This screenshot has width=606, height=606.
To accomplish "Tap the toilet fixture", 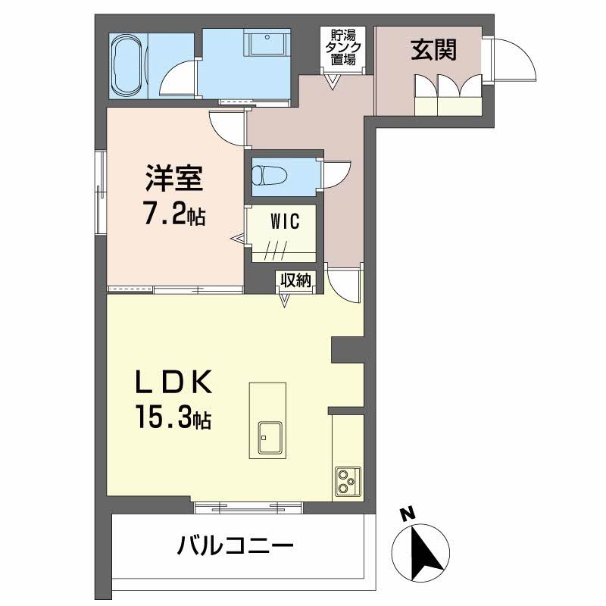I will [270, 175].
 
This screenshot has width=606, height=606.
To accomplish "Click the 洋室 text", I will [173, 181].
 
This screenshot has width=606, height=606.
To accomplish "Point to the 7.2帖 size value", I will [174, 216].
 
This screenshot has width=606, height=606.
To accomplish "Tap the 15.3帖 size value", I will [173, 418].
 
